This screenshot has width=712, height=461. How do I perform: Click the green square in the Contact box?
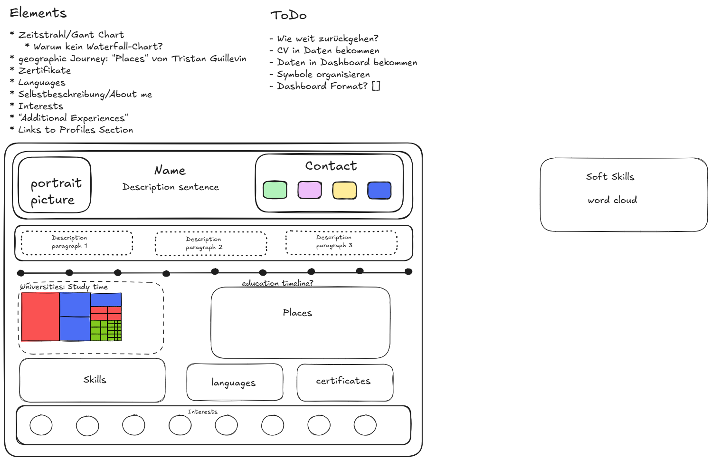coord(275,190)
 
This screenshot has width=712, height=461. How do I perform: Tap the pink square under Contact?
coord(310,190)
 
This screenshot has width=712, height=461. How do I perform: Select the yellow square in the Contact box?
coord(344,190)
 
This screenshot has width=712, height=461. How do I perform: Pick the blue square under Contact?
coord(379,190)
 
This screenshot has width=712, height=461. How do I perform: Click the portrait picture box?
coord(54,185)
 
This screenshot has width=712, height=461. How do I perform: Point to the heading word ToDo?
coord(288,16)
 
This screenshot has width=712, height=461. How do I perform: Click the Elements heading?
coord(38,13)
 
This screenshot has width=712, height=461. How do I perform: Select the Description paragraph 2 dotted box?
coord(211,244)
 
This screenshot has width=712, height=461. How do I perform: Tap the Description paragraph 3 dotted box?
coord(341,242)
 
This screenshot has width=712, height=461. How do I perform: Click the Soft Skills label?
coord(610,177)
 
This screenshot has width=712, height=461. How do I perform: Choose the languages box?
coord(235,383)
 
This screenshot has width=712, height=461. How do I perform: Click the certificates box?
coord(344,382)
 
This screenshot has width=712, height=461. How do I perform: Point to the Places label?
coord(297,313)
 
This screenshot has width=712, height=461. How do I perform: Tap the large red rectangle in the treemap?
coord(40,317)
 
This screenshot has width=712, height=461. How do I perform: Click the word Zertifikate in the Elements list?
coord(45,71)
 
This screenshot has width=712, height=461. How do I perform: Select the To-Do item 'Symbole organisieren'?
coord(323,75)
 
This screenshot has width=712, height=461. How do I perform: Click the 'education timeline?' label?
coord(277,283)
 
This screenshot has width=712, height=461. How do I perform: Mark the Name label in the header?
coord(170,171)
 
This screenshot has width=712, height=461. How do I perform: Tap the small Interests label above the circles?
coord(203,412)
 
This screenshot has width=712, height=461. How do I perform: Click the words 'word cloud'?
coord(612,201)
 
